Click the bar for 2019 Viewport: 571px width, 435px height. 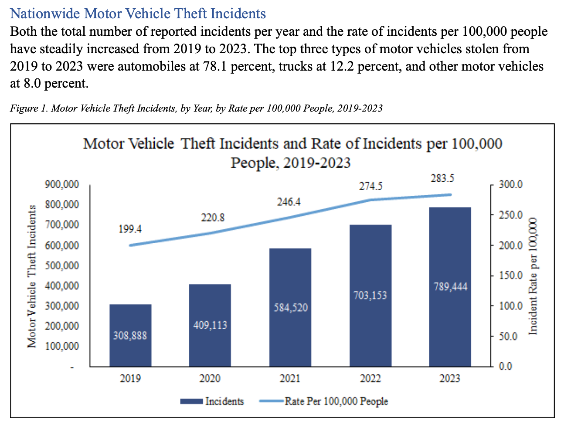point(130,318)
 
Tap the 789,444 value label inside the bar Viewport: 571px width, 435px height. point(450,287)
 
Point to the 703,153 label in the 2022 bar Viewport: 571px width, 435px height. point(370,296)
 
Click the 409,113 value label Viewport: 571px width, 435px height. point(210,325)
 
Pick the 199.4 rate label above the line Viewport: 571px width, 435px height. point(130,229)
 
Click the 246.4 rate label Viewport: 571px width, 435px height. point(289,202)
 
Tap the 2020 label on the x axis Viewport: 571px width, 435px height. point(210,378)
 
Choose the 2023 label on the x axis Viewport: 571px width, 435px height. point(449,378)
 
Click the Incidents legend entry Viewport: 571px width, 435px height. point(213,401)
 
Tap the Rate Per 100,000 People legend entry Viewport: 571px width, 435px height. point(324,401)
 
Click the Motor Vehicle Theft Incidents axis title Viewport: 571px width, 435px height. point(31,277)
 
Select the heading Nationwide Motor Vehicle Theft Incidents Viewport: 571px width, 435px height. point(138,14)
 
